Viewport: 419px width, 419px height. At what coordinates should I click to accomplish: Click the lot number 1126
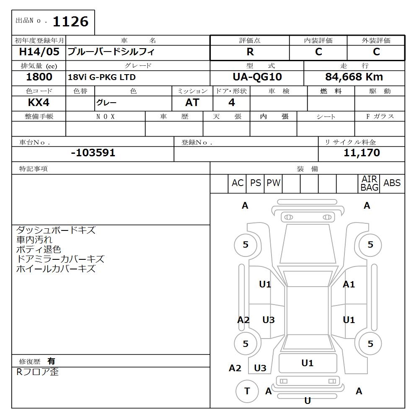pyautogui.click(x=70, y=22)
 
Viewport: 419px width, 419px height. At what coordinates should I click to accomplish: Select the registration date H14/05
pyautogui.click(x=39, y=52)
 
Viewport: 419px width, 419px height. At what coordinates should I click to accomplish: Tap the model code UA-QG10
pyautogui.click(x=257, y=77)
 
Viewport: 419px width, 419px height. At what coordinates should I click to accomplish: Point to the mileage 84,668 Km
pyautogui.click(x=354, y=77)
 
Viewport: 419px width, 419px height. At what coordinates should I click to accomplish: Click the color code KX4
pyautogui.click(x=39, y=103)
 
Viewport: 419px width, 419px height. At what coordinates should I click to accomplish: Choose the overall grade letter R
pyautogui.click(x=250, y=52)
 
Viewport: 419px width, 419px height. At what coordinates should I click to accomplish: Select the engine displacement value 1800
pyautogui.click(x=39, y=77)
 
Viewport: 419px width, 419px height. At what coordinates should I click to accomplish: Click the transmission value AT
pyautogui.click(x=192, y=103)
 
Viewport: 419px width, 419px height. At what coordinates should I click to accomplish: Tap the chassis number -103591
pyautogui.click(x=93, y=153)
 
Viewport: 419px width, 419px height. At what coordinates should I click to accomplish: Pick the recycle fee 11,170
pyautogui.click(x=362, y=153)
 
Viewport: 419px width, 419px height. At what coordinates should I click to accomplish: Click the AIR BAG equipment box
pyautogui.click(x=369, y=184)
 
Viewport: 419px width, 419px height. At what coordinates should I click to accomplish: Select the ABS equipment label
pyautogui.click(x=392, y=183)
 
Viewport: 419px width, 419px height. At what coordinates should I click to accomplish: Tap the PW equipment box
pyautogui.click(x=273, y=183)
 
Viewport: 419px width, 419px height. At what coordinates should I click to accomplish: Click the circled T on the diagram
pyautogui.click(x=247, y=391)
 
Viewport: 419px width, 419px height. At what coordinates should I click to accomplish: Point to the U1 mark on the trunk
pyautogui.click(x=308, y=363)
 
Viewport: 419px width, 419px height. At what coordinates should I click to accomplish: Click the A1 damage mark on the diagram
pyautogui.click(x=349, y=285)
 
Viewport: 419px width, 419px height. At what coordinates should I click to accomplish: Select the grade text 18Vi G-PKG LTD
pyautogui.click(x=102, y=78)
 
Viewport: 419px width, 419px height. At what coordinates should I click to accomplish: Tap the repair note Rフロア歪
pyautogui.click(x=37, y=372)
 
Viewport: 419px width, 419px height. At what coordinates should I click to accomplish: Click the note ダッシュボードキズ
pyautogui.click(x=56, y=230)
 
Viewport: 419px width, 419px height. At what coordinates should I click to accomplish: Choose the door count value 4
pyautogui.click(x=232, y=103)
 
